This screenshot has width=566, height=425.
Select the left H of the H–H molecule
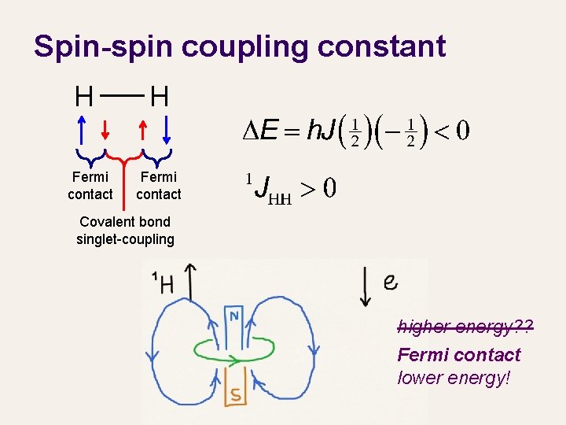click(x=84, y=98)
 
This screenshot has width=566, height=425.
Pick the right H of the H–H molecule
click(x=160, y=98)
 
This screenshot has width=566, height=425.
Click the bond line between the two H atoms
click(x=122, y=96)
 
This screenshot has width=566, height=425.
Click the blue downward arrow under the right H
click(x=167, y=130)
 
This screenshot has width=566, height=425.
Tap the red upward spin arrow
click(x=142, y=130)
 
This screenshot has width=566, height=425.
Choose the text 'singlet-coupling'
click(x=125, y=238)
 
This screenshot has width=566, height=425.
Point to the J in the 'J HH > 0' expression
click(x=264, y=188)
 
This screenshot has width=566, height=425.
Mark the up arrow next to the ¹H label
click(x=189, y=280)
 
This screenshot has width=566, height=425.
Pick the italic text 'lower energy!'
click(x=454, y=378)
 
